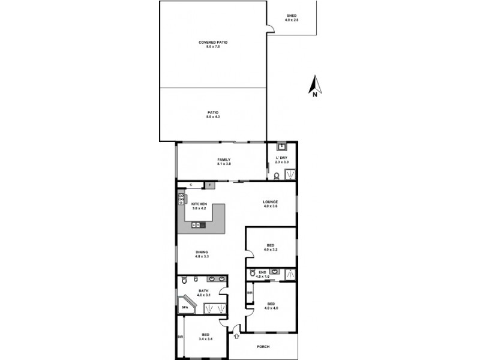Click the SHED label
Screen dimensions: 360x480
[x=292, y=16]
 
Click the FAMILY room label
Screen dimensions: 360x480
[x=224, y=159]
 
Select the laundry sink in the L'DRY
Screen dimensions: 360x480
[x=281, y=146]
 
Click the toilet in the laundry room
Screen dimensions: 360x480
[x=276, y=176]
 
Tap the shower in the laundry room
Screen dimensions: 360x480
[x=290, y=174]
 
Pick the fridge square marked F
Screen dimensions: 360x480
[x=209, y=185]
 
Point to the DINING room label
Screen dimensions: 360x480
[x=202, y=252]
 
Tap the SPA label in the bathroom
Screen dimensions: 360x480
[x=185, y=307]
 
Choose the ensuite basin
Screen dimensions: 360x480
[x=275, y=271]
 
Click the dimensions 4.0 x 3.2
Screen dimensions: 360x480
[x=271, y=250]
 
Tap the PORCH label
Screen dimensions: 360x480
[x=263, y=346]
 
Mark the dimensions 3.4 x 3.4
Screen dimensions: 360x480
[x=206, y=339]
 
